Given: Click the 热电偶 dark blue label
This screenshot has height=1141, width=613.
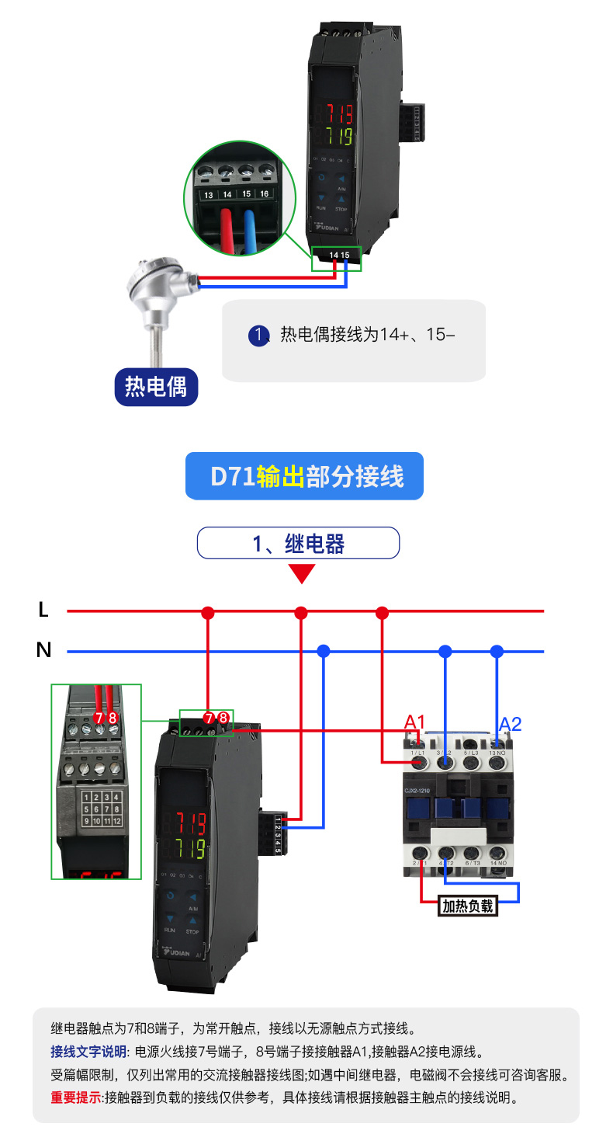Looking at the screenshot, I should tap(156, 386).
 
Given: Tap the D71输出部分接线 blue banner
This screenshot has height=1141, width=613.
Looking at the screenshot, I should tap(305, 476).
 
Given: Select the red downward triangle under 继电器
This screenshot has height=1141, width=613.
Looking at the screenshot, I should tap(302, 574).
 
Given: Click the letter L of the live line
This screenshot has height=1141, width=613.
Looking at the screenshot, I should tap(43, 611).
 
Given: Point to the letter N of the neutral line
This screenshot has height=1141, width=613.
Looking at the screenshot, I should tap(43, 650).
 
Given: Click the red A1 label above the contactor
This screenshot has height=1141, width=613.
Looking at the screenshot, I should tap(414, 723).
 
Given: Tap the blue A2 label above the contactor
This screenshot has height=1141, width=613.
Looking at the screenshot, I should tap(510, 724).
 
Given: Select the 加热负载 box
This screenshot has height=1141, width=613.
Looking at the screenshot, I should tap(467, 906).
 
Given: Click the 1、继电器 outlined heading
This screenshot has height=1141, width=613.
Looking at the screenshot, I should tap(298, 544).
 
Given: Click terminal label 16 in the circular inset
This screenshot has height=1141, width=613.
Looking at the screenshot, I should tap(264, 193).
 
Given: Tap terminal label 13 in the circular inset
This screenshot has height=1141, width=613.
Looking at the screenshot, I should tap(208, 195).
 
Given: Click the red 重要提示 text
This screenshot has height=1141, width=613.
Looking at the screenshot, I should tap(76, 1098).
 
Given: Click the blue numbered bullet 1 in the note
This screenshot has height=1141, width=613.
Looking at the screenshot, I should tap(258, 335).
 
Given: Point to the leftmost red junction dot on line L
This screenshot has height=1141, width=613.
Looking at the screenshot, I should tap(207, 613).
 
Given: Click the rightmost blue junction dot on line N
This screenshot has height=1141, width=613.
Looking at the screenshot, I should tap(497, 651).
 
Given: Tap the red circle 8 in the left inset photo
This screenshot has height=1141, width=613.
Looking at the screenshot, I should tap(113, 718).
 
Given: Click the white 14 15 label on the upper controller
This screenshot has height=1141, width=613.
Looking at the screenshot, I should tap(339, 255).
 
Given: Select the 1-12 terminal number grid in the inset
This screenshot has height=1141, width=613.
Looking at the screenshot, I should tap(102, 809).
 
